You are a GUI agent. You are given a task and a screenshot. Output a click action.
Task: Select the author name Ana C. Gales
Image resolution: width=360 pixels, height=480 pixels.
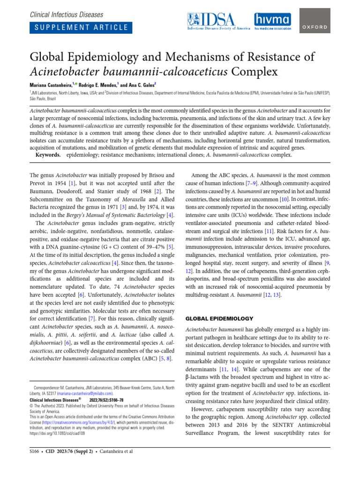(x=144, y=84)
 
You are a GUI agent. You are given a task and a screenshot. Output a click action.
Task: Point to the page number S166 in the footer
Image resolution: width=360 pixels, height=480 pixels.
(x=35, y=451)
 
